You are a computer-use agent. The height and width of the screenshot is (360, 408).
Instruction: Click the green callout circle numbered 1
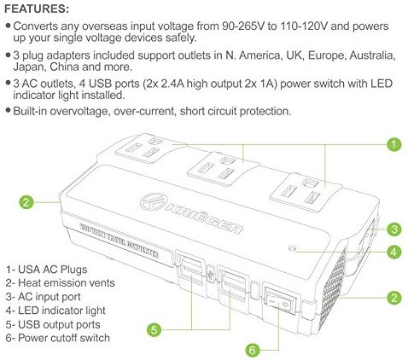(x=393, y=144)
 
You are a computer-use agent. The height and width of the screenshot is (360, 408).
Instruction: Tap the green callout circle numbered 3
(x=394, y=229)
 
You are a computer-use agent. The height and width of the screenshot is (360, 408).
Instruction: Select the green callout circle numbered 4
(x=394, y=252)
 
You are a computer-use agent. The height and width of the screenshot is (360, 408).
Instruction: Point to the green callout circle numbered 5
(x=154, y=330)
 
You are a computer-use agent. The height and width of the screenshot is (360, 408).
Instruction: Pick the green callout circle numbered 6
(x=253, y=350)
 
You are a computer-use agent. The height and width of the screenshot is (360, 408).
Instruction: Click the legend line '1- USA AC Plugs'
(x=46, y=270)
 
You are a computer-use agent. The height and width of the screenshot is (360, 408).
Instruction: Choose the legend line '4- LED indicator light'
(x=55, y=311)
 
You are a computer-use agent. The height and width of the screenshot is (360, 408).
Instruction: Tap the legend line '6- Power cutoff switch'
(x=58, y=338)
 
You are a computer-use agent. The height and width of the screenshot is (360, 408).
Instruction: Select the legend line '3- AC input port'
(x=44, y=297)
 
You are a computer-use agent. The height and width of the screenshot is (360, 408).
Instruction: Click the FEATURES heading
(x=37, y=9)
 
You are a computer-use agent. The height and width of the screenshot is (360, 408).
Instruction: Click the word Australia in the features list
(x=372, y=55)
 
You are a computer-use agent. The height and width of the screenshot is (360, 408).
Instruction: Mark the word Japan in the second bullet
(x=30, y=67)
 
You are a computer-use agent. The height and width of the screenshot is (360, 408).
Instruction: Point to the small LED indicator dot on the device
(x=292, y=248)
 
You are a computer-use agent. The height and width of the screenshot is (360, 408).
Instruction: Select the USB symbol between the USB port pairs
(x=211, y=276)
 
